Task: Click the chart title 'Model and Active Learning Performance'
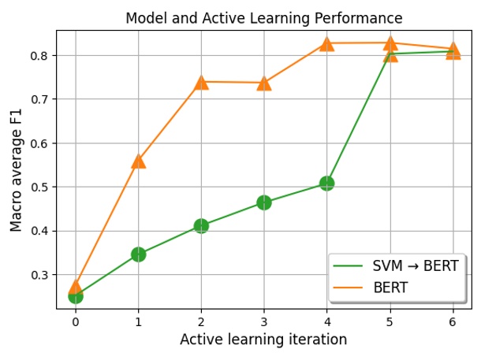coord(263,18)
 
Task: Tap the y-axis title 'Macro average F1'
coord(17,172)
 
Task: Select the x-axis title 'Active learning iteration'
coord(263,340)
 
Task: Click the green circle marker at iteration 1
coord(138,254)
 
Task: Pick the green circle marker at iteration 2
coord(201,226)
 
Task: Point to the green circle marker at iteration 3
coord(263,202)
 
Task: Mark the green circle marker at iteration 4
coord(326,184)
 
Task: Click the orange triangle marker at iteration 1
coord(138,161)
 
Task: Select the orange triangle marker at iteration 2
coord(201,82)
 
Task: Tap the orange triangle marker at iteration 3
coord(263,83)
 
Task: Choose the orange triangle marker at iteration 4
coord(326,44)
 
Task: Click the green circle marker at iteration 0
coord(75,296)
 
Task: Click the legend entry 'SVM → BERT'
coord(415,266)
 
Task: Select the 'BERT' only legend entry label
coord(390,288)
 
